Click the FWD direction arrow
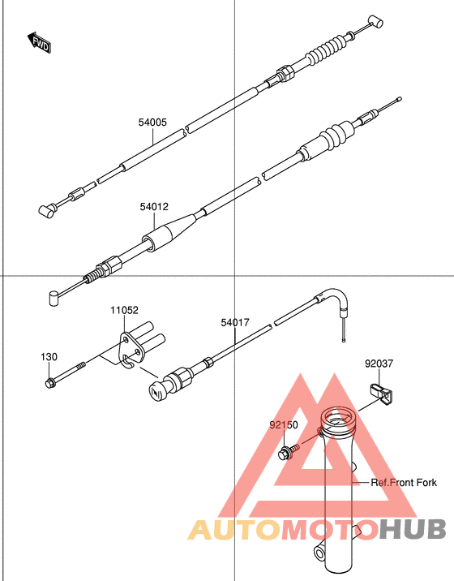point(39,43)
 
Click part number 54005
point(152,123)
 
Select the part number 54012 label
point(153,207)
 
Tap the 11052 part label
point(125,310)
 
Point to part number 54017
point(234,322)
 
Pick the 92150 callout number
point(284,424)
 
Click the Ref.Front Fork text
point(403,483)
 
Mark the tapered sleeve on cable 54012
point(171,231)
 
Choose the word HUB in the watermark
point(413,531)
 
